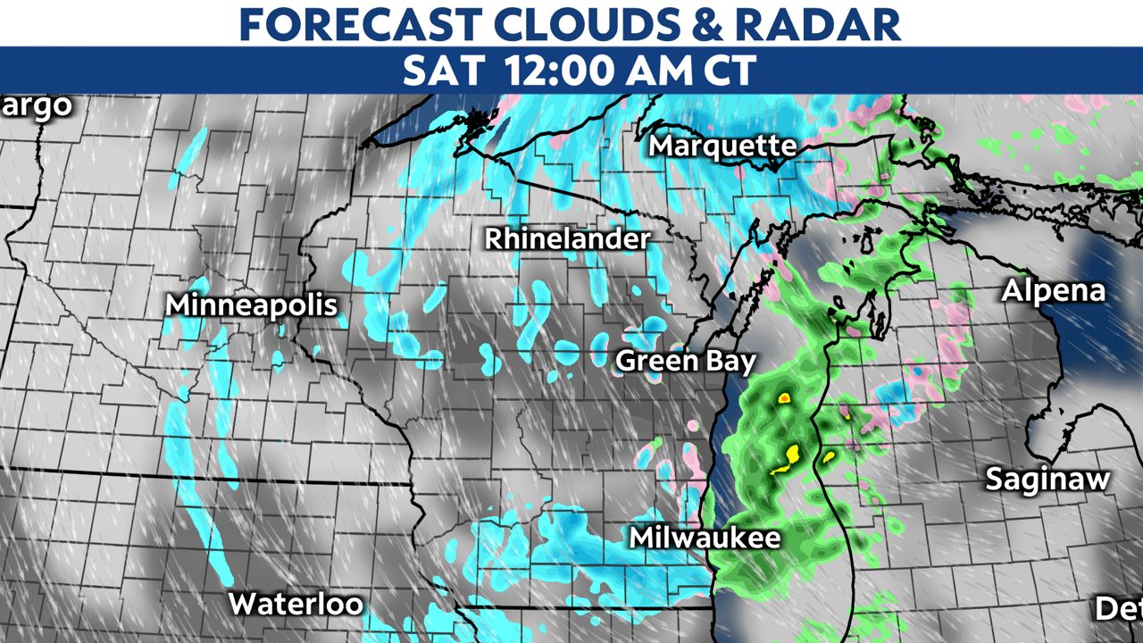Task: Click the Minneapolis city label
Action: [x=252, y=305]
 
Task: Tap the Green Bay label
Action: [x=687, y=361]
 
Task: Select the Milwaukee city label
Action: [x=705, y=538]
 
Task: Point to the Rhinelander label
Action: [x=568, y=239]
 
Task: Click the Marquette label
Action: [x=722, y=146]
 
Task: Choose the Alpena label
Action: [x=1053, y=291]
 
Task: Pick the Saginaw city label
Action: [x=1047, y=480]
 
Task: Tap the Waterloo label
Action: [x=296, y=604]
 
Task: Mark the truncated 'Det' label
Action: [x=1119, y=609]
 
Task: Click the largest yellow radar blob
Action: [x=785, y=458]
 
